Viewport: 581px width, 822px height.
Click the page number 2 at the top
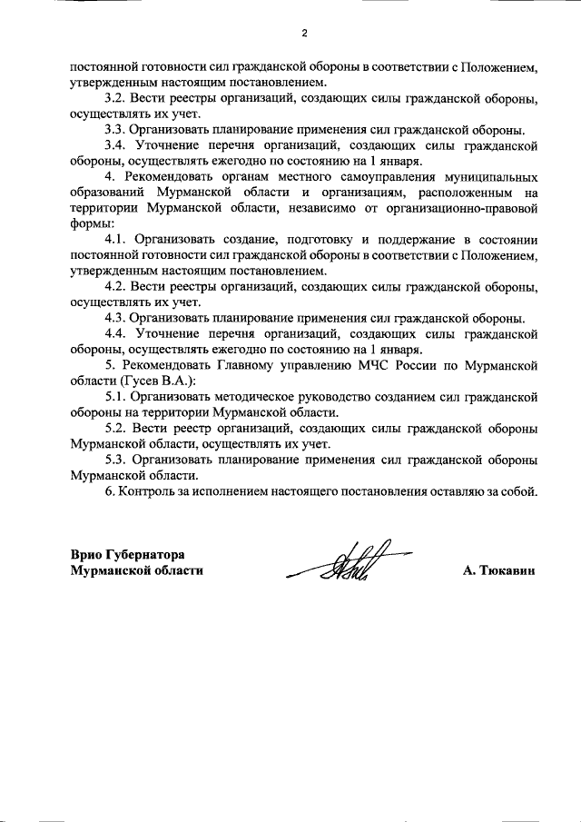click(305, 34)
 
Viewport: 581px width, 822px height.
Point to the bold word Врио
click(87, 554)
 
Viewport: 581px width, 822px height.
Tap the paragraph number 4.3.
click(114, 318)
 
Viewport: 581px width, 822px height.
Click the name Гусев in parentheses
click(143, 381)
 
